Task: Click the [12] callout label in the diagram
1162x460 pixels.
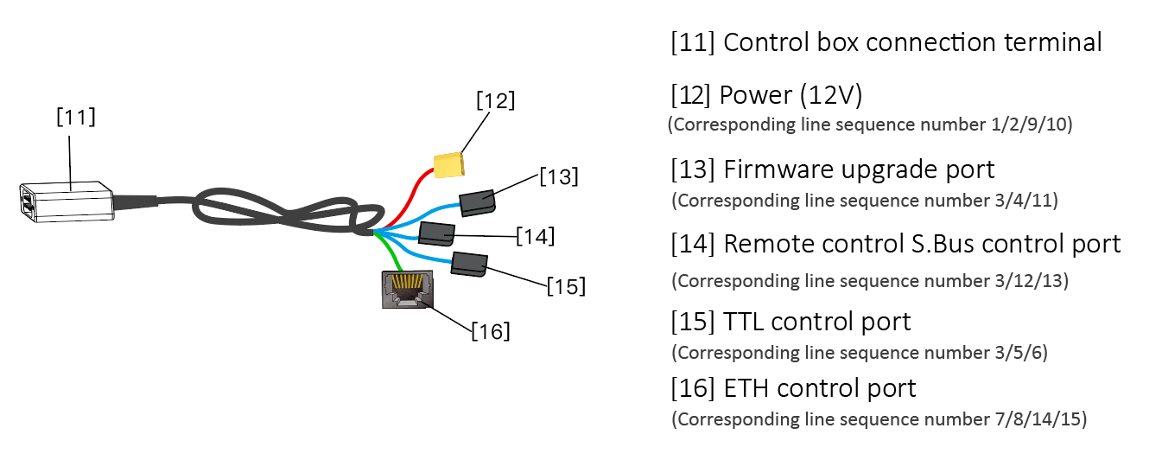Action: (495, 100)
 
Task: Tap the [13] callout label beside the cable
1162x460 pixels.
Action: (558, 176)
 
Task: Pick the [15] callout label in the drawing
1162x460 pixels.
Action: (566, 285)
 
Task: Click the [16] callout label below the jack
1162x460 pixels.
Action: (490, 330)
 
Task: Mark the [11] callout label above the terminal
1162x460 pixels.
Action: (76, 118)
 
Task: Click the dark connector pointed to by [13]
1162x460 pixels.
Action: (476, 202)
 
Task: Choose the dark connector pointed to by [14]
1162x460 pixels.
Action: (436, 233)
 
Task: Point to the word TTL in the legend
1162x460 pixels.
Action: (744, 322)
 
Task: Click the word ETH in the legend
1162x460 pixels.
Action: (746, 388)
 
